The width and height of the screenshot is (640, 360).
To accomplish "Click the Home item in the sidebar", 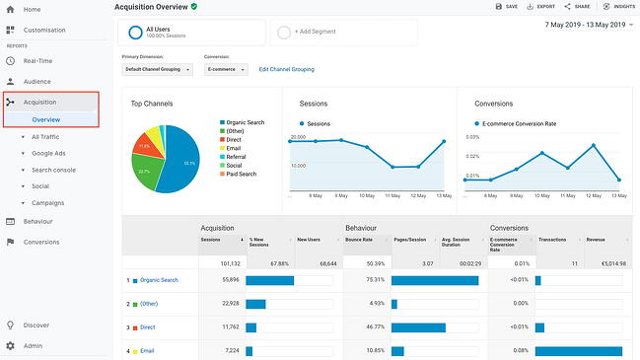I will point(32,9).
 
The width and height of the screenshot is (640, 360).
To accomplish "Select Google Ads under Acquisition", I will point(47,153).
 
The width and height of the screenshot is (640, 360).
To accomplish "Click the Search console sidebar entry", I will point(53,169).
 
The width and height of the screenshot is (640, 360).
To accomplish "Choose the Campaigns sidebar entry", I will point(48,201).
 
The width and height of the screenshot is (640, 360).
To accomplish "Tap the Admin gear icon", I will point(10,346).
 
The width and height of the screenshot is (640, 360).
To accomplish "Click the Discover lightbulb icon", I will point(10,324).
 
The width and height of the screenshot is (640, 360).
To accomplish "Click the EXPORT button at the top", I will point(541,7).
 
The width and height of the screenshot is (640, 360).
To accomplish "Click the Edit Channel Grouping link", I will point(286,69).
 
